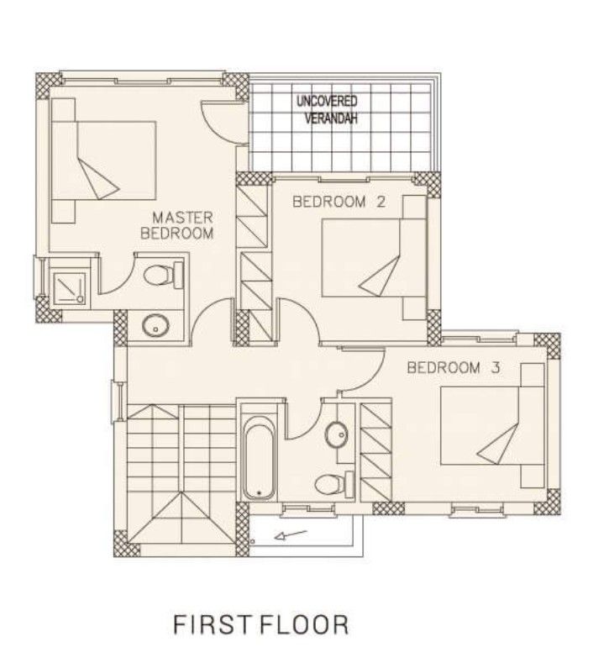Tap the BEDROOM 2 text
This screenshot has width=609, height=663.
(330, 202)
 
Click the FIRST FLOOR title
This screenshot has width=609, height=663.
(260, 624)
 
